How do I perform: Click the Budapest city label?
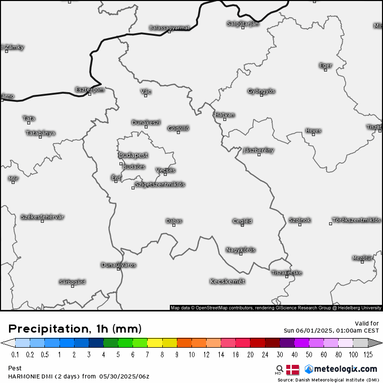coord(133,155)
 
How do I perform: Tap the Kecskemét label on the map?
coord(227,281)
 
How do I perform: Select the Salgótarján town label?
coord(242,23)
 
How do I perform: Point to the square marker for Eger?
coord(326,70)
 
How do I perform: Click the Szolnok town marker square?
coord(299,225)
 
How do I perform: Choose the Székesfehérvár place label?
coord(42,217)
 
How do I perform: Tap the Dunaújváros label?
coord(118,265)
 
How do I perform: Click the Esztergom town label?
coord(89,90)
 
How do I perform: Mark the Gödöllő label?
coord(178,128)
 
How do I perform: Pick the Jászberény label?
coord(259,150)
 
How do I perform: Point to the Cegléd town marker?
coord(242,225)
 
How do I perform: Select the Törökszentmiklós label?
coord(356,220)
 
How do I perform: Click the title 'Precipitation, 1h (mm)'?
coord(75,329)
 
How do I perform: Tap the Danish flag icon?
coord(292,369)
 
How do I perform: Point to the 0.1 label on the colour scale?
coord(16,355)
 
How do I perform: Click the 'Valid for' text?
coord(367,323)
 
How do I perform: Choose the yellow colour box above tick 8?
coord(155,343)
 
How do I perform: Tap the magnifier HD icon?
coord(279,370)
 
